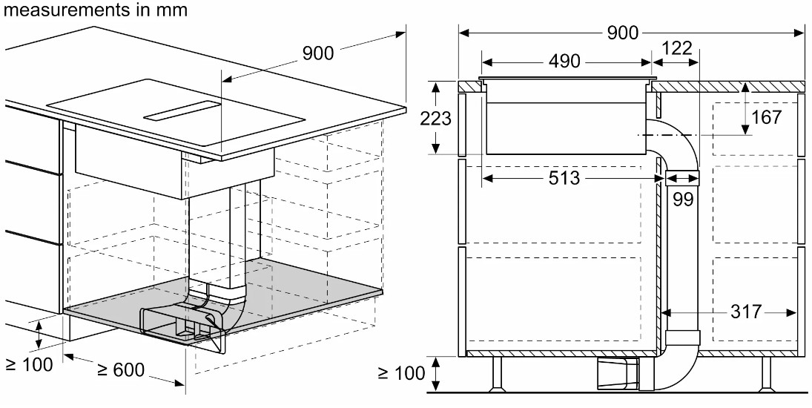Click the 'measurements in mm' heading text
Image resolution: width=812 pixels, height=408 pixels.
tap(94, 10)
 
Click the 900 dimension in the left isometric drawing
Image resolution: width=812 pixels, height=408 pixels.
tap(318, 53)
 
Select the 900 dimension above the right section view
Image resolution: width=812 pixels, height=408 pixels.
tap(622, 33)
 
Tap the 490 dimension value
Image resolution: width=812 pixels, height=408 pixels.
tap(564, 62)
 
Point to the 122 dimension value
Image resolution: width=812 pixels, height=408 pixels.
tap(676, 49)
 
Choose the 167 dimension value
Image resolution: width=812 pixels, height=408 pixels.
tap(767, 117)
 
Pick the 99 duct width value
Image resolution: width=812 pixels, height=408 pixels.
tap(682, 199)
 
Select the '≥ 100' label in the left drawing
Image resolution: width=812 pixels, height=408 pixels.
tap(29, 364)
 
